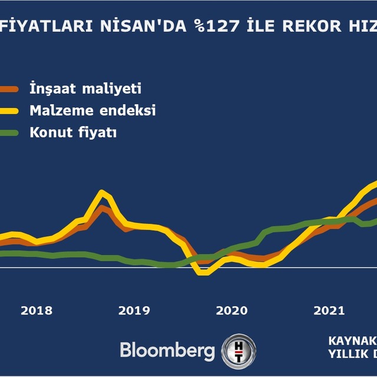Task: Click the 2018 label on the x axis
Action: [37, 310]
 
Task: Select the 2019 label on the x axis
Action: [134, 310]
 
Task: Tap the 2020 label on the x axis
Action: [232, 310]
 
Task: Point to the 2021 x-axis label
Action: [329, 310]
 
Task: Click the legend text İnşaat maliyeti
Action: [85, 90]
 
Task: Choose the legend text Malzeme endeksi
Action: [92, 111]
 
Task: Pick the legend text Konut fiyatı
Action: [73, 132]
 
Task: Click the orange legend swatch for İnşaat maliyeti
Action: [8, 90]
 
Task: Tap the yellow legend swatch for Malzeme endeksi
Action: [8, 111]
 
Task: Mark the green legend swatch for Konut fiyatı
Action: [8, 132]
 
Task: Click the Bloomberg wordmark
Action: [167, 350]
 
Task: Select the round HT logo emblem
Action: [238, 350]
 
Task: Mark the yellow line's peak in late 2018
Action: [103, 193]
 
